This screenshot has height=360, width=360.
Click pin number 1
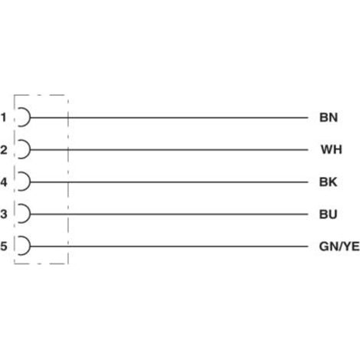click(x=4, y=117)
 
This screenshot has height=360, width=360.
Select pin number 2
click(x=4, y=149)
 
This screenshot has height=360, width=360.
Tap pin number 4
click(x=4, y=182)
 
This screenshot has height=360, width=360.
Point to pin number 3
click(x=4, y=214)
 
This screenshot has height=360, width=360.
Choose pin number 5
click(x=4, y=246)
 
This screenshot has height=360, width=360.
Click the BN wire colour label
click(x=329, y=117)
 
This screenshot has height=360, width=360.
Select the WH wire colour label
click(x=332, y=149)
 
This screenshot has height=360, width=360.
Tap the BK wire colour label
click(x=328, y=182)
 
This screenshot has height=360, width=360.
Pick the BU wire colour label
click(x=328, y=214)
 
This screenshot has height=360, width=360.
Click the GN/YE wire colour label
click(x=339, y=246)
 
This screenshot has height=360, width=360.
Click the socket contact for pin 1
click(x=30, y=117)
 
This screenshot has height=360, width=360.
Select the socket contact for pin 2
click(x=30, y=149)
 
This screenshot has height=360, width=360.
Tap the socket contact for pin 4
click(x=30, y=182)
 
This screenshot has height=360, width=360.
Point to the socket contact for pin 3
click(x=30, y=214)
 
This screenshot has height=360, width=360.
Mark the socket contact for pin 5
click(x=30, y=246)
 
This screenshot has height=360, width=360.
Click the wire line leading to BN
click(x=169, y=118)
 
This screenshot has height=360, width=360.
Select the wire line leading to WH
click(x=169, y=149)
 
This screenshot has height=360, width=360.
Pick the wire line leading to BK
click(x=169, y=182)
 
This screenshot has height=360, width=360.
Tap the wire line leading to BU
click(x=169, y=214)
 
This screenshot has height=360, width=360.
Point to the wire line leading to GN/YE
click(x=169, y=247)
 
